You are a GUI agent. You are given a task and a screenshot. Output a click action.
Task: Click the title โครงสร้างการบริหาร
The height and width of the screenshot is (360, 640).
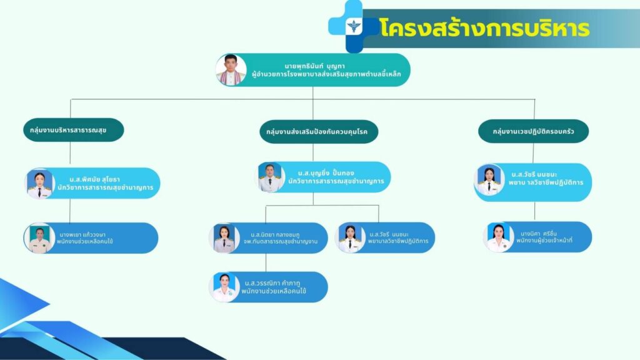(x=484, y=27)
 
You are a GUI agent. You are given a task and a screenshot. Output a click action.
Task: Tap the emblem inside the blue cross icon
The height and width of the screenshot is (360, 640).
(x=354, y=26)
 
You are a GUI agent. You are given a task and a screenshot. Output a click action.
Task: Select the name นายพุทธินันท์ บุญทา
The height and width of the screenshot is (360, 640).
(x=315, y=66)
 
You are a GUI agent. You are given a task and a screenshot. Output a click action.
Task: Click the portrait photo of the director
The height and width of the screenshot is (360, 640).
(x=231, y=70)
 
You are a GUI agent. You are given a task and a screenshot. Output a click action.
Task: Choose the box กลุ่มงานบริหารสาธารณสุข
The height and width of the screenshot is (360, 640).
(x=74, y=130)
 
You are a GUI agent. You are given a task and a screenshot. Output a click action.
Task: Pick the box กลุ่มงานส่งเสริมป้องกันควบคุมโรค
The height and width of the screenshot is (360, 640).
(x=319, y=132)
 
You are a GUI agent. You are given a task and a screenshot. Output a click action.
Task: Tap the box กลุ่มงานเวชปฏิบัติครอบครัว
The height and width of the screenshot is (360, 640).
(x=534, y=131)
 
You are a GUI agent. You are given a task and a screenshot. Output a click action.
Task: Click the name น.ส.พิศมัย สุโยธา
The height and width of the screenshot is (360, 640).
(x=95, y=179)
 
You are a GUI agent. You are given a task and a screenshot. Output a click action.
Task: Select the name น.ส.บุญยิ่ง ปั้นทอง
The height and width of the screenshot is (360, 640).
(x=326, y=173)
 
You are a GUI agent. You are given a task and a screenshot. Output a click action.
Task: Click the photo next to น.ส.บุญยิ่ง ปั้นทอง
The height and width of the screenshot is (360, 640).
(x=271, y=177)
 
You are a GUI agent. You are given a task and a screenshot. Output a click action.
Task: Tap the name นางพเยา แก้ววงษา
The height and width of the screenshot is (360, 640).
(x=82, y=235)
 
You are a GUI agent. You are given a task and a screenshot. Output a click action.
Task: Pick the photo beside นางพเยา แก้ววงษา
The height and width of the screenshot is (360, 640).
(x=39, y=239)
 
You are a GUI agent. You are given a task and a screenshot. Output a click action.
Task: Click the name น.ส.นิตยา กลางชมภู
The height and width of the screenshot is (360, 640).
(x=275, y=235)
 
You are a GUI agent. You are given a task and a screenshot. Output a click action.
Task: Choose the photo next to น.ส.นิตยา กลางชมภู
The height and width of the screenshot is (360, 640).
(x=224, y=239)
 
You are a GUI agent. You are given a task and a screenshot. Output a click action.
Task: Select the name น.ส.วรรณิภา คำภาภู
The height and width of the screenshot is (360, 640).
(x=272, y=283)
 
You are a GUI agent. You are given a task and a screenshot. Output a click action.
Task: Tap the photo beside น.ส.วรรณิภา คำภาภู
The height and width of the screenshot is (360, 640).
(x=224, y=287)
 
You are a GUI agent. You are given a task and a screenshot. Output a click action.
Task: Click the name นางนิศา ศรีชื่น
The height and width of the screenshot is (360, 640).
(x=539, y=234)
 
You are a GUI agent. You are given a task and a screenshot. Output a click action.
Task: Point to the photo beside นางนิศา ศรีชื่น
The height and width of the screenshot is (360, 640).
(x=499, y=237)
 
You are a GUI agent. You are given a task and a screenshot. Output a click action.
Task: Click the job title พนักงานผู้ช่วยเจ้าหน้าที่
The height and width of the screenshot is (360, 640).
(x=544, y=241)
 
